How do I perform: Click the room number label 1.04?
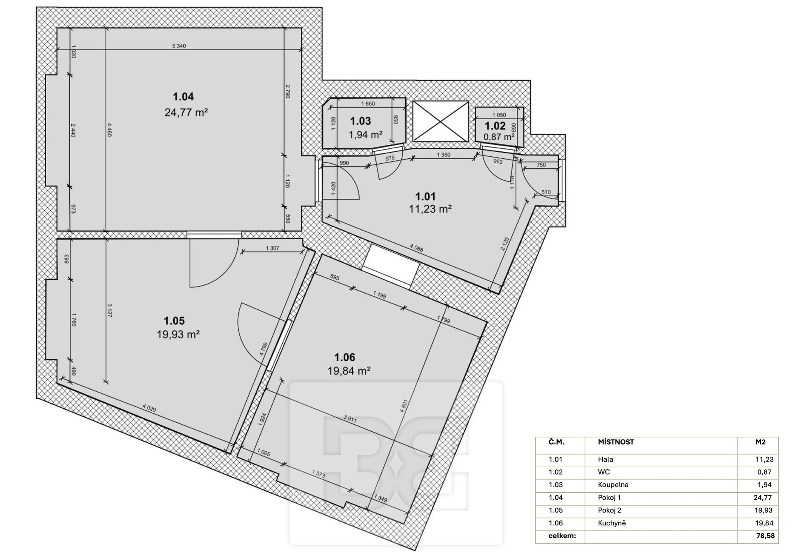(183, 97)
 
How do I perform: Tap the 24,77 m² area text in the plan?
(186, 112)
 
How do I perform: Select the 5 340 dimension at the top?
(179, 46)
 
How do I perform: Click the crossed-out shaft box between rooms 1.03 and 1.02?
(441, 121)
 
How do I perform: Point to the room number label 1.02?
(495, 126)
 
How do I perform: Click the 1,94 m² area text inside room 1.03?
(365, 134)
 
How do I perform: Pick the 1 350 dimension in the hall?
(443, 155)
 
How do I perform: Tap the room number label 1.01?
(425, 197)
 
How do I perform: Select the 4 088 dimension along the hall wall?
(416, 247)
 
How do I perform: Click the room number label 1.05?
(174, 321)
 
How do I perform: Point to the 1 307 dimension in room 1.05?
(272, 248)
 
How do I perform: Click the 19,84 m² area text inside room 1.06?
(349, 371)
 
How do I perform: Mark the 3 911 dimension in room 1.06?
(350, 419)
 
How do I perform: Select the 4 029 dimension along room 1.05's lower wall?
(149, 408)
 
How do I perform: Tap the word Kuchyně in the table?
(612, 523)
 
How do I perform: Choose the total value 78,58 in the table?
(765, 536)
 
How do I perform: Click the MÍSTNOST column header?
(616, 442)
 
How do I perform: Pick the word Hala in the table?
(606, 459)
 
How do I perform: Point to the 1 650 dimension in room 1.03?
(368, 104)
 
